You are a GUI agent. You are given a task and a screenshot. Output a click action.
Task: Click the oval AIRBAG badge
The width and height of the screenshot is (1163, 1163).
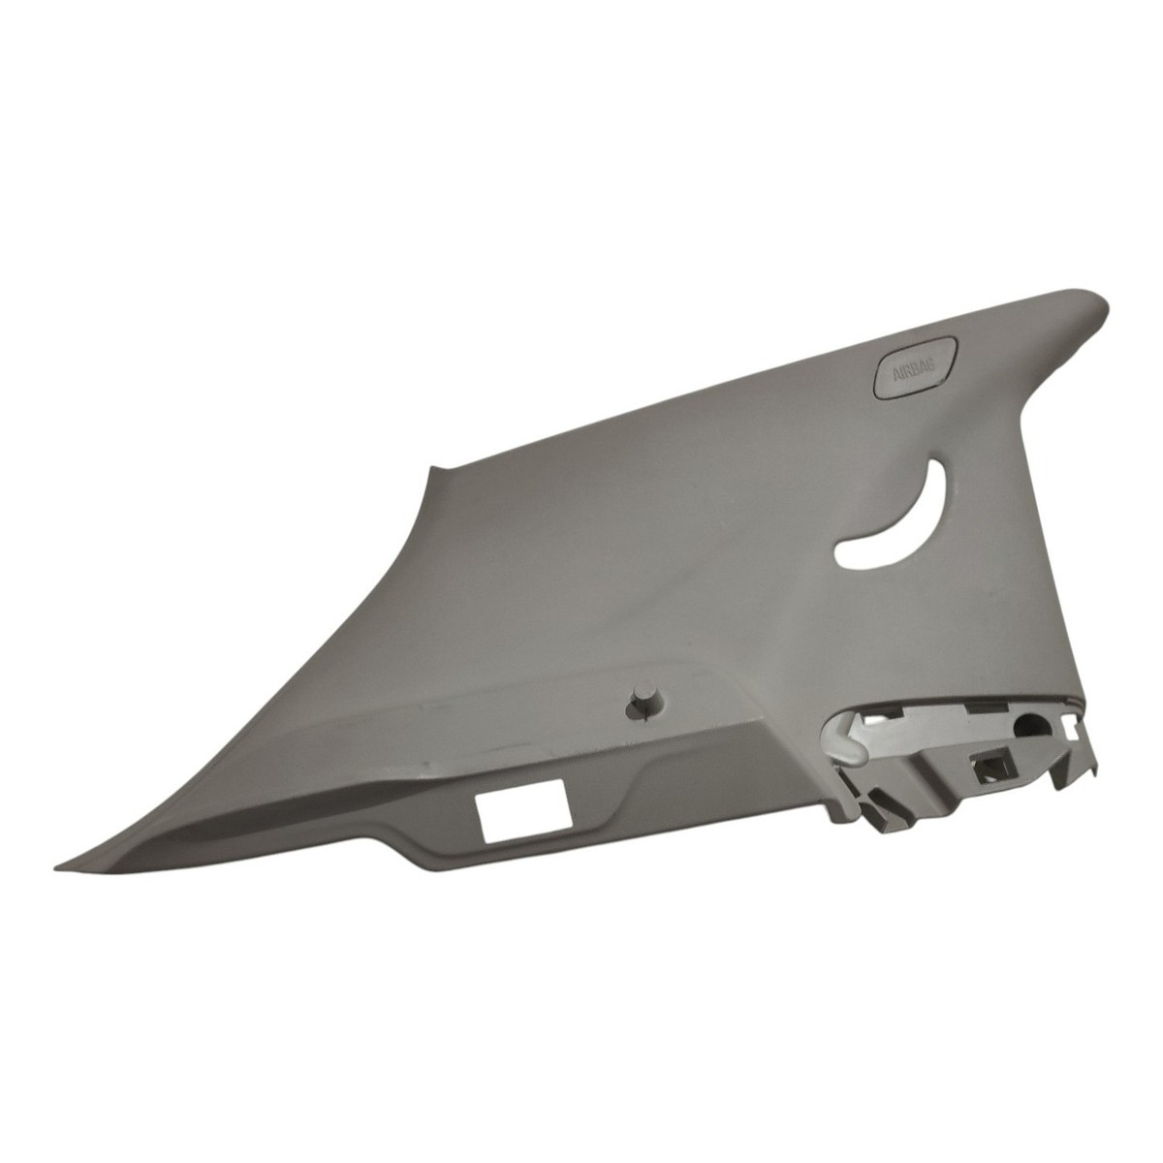915,367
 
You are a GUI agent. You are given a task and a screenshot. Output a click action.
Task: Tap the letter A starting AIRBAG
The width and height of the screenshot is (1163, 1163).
897,376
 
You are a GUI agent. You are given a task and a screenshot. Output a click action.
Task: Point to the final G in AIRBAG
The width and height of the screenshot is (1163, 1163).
936,361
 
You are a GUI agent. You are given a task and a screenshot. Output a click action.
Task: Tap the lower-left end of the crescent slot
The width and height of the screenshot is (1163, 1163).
837,550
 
